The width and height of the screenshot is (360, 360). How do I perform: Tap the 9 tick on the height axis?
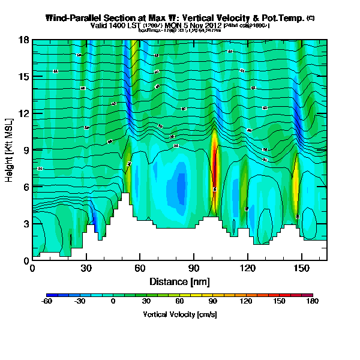point(26,150)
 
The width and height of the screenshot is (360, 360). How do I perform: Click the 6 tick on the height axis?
point(26,187)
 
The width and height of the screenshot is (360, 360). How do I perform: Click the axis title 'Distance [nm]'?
point(180,281)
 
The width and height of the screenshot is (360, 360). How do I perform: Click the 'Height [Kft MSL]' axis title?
point(10,150)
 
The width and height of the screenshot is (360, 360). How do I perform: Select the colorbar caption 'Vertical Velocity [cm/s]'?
point(179,314)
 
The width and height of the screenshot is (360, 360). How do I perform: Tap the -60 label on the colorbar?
point(46,302)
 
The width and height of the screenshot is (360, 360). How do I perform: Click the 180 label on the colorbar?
point(313,302)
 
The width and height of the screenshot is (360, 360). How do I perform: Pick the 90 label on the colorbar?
point(213,302)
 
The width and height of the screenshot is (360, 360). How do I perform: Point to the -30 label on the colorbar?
point(79,302)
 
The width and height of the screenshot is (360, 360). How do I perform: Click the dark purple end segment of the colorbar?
point(310,295)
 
